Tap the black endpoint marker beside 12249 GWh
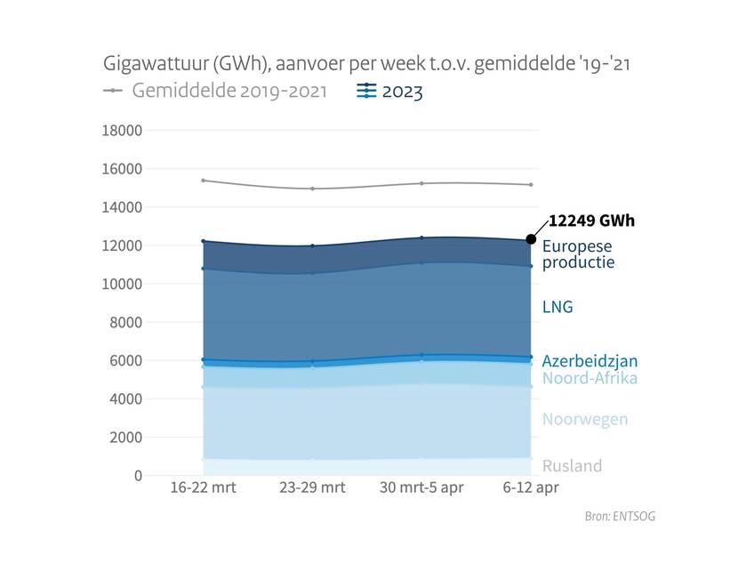[x=532, y=238]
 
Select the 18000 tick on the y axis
[x=124, y=131]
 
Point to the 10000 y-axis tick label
[x=124, y=284]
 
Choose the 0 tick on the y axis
[x=137, y=476]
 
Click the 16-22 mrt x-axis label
[x=203, y=488]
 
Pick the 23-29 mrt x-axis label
[x=312, y=488]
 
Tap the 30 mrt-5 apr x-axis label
[x=422, y=488]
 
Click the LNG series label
[x=558, y=308]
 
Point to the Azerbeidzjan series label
[x=590, y=361]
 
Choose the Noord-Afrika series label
[x=590, y=378]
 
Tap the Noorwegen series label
[x=585, y=420]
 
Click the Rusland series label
[x=572, y=466]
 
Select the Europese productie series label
[x=578, y=254]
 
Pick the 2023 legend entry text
[x=402, y=91]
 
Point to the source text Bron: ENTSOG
[x=620, y=516]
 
